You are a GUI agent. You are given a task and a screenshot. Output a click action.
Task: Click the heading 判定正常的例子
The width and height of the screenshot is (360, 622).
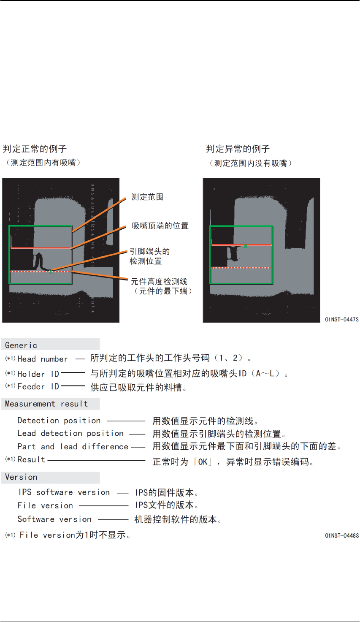35,149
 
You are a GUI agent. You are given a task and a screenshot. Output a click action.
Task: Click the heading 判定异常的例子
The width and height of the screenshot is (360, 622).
238,149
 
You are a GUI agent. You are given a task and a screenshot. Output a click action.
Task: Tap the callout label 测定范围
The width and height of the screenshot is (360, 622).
147,197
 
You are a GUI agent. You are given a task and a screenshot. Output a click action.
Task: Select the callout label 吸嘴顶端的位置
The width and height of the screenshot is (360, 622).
160,226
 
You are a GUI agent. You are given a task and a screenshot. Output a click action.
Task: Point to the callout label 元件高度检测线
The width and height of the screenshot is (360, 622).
159,282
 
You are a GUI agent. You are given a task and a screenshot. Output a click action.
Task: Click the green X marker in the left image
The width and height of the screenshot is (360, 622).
51,271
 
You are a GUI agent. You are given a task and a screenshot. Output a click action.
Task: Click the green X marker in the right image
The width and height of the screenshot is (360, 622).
246,246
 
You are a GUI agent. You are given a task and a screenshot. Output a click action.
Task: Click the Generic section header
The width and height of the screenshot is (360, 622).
21,345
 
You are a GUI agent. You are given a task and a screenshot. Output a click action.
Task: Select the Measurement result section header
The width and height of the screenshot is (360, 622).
46,404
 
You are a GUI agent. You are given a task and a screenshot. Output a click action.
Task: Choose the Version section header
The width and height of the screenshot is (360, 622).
21,477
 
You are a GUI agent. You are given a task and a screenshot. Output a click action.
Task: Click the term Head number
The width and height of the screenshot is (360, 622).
42,359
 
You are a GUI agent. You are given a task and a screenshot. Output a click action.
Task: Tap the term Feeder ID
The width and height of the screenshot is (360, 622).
38,387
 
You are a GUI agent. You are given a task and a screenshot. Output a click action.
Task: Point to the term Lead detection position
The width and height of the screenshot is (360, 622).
70,434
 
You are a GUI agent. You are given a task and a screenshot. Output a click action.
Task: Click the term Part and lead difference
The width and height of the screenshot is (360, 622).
73,447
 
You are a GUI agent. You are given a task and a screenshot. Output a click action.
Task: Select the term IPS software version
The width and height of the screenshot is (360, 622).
64,492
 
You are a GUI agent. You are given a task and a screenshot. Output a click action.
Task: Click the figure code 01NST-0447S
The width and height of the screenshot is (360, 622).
341,320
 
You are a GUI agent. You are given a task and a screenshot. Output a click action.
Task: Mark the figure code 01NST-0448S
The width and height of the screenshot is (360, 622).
341,536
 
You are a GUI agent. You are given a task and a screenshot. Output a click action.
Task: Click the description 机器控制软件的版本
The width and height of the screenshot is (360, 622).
177,520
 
